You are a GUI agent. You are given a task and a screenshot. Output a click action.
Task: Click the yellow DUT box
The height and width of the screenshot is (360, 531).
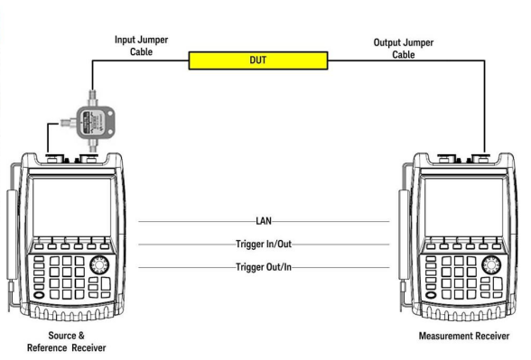[x=258, y=60]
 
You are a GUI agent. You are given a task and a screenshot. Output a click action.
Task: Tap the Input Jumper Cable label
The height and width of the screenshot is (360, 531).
[x=141, y=46]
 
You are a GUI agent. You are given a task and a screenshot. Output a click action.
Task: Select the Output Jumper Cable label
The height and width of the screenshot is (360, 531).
[x=404, y=49]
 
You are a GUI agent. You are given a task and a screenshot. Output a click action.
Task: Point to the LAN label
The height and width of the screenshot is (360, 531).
[x=264, y=221]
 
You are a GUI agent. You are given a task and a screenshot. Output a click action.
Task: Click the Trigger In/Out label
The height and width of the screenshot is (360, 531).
[x=264, y=244]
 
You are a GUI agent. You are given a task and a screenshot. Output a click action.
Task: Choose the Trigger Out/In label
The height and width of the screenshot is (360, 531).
[x=264, y=267]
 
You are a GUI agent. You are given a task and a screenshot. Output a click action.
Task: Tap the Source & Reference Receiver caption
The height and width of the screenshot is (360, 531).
[x=67, y=342]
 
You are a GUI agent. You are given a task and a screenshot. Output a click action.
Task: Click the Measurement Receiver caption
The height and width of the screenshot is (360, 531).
[x=464, y=336]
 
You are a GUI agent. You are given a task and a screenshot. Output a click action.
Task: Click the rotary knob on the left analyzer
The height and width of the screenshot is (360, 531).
[x=99, y=264]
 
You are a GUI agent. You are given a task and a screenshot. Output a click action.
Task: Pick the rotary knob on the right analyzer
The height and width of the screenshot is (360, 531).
[x=491, y=264]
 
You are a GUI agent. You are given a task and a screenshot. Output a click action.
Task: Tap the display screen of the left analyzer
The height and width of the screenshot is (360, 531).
[x=72, y=208]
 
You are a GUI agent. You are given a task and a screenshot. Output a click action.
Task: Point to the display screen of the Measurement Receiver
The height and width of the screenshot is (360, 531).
[x=463, y=208]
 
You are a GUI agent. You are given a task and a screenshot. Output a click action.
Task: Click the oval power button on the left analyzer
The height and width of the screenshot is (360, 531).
[x=39, y=295]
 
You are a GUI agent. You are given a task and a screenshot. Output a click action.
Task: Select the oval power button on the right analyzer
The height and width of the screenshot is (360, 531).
[x=431, y=295]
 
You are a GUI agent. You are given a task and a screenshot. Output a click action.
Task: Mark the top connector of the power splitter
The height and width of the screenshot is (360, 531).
[x=92, y=98]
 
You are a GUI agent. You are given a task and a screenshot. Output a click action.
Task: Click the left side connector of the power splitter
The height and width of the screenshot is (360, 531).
[x=69, y=122]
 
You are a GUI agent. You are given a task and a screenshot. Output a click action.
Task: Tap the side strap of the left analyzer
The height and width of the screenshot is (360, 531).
[x=13, y=236]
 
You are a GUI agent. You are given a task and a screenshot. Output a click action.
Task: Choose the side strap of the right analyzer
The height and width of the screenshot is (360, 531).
[x=404, y=236]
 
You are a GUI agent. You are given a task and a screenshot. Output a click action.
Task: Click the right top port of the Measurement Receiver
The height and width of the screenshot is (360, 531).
[x=480, y=158]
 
